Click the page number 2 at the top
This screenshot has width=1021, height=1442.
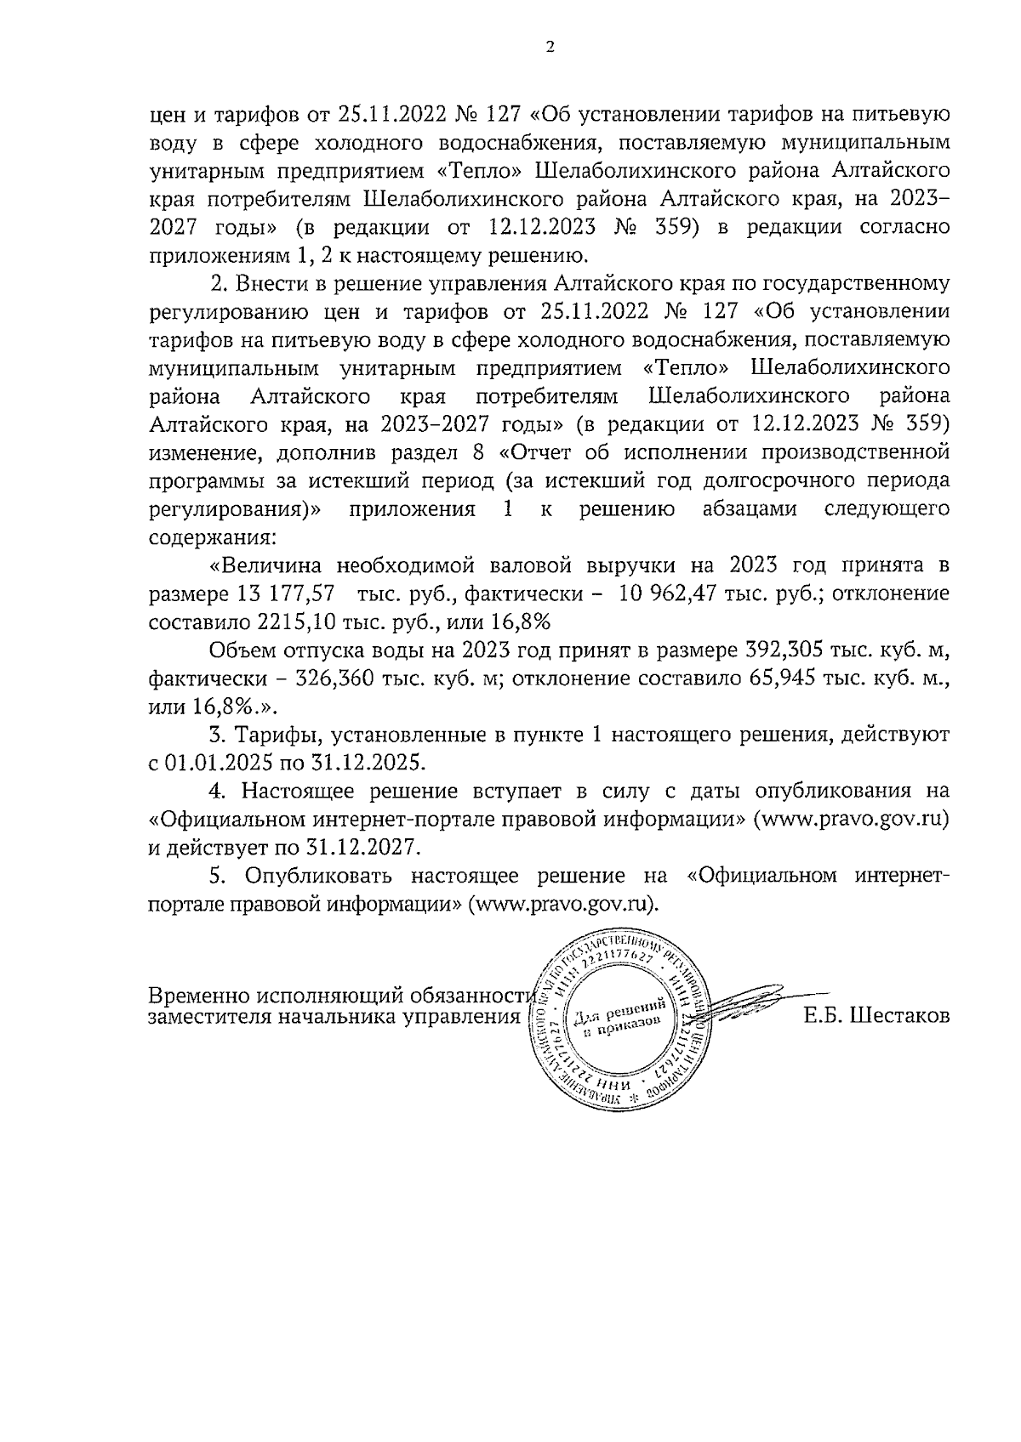(549, 48)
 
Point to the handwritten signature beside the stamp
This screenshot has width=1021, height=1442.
(749, 1003)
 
